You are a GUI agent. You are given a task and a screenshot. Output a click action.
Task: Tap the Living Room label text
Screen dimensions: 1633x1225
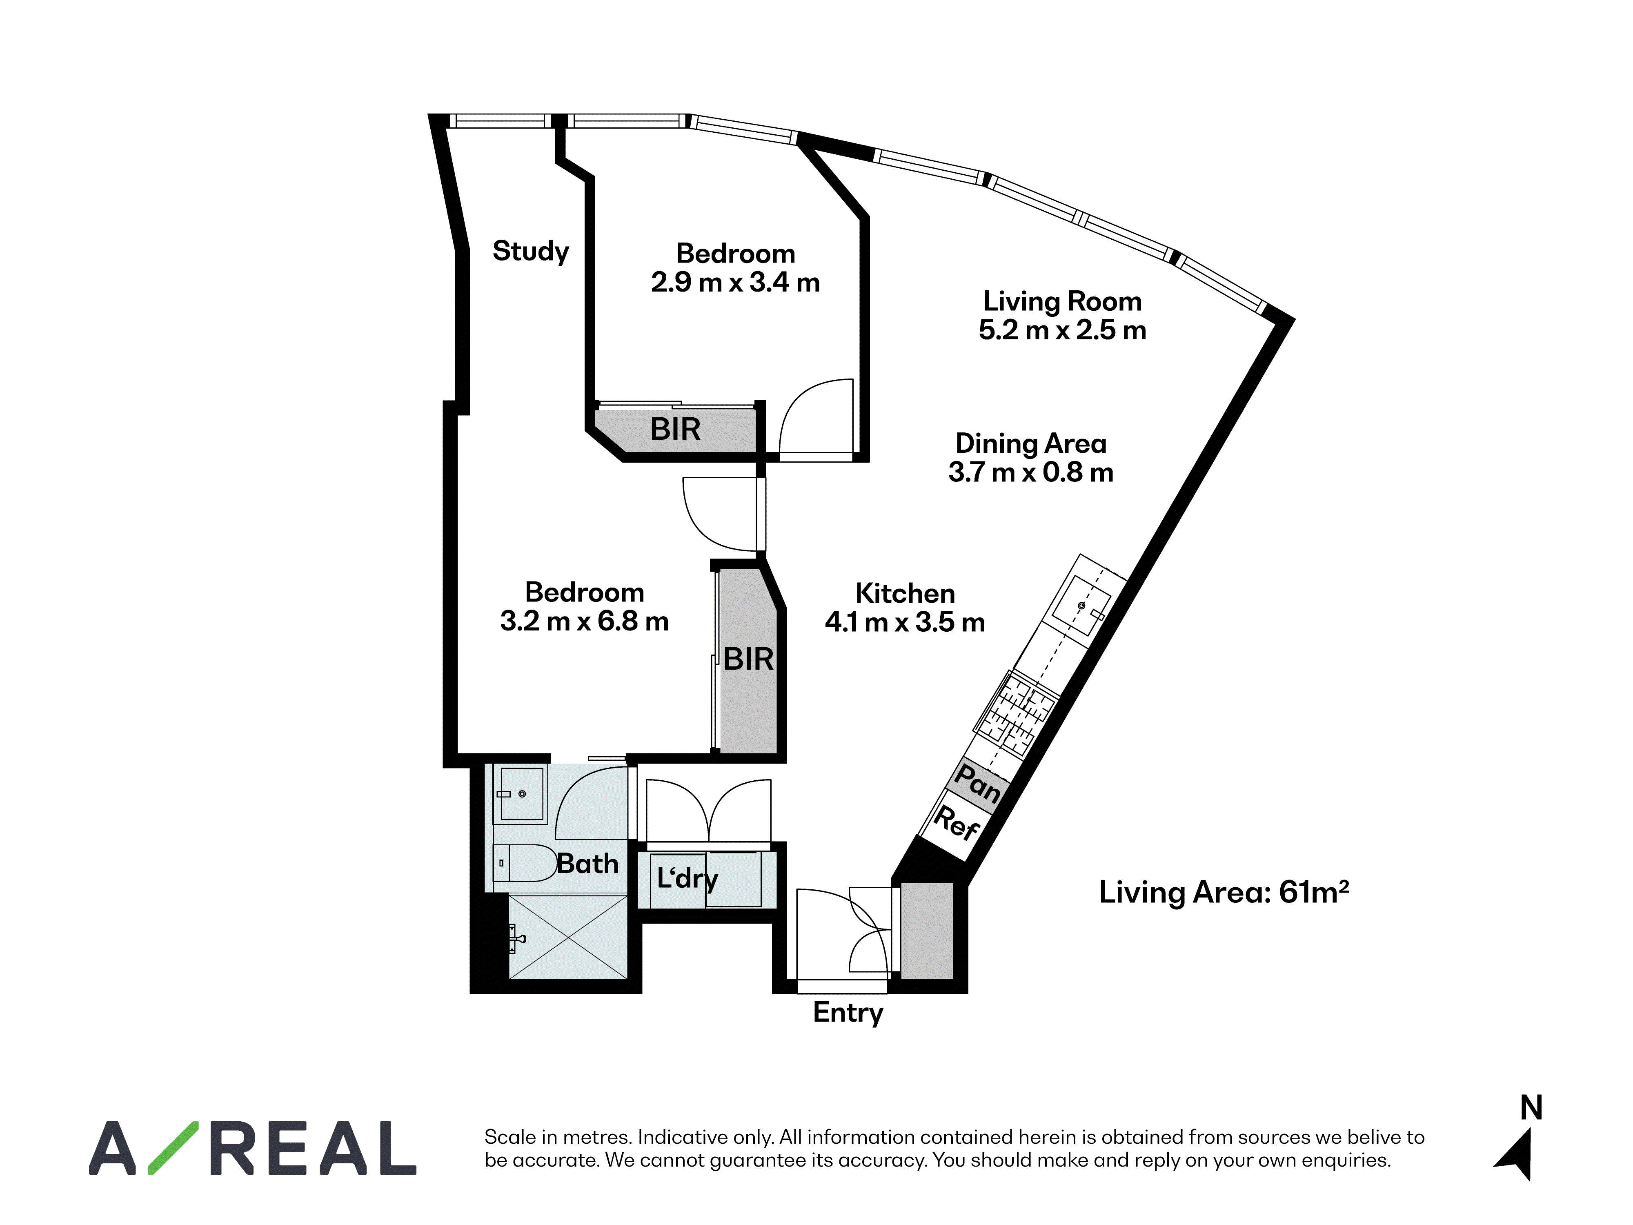coord(1062,301)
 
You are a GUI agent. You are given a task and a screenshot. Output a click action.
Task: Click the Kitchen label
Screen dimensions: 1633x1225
coord(905,593)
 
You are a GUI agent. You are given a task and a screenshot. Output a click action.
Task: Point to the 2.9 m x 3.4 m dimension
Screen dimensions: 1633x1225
coord(735,282)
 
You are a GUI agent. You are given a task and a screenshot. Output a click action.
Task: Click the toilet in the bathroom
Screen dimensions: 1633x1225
coord(524,863)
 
